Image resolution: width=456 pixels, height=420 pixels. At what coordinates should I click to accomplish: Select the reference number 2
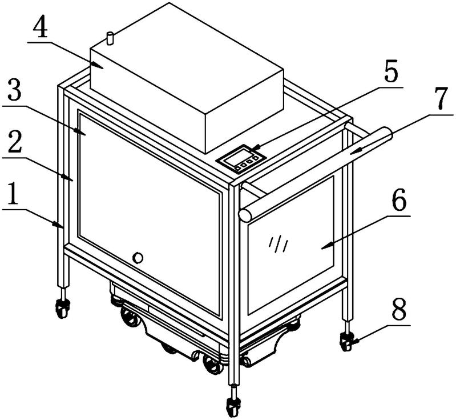[x=15, y=142]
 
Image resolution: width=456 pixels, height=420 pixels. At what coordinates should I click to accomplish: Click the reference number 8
[x=399, y=309]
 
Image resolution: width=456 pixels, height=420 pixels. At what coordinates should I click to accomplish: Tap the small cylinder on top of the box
[x=110, y=39]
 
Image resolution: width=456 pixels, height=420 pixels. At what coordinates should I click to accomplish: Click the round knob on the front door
[x=138, y=258]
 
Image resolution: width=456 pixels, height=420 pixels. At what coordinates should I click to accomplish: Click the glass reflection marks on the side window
[x=279, y=245]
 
